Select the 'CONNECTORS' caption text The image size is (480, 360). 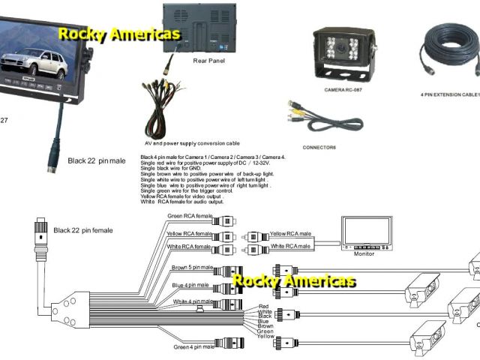319,147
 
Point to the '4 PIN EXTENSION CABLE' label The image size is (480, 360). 448,95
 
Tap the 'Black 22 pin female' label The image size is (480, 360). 82,230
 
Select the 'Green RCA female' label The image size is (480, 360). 190,216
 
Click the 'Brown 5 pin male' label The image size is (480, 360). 193,267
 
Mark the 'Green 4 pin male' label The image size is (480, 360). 193,346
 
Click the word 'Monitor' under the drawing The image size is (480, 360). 364,254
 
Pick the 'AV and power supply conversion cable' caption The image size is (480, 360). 192,142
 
